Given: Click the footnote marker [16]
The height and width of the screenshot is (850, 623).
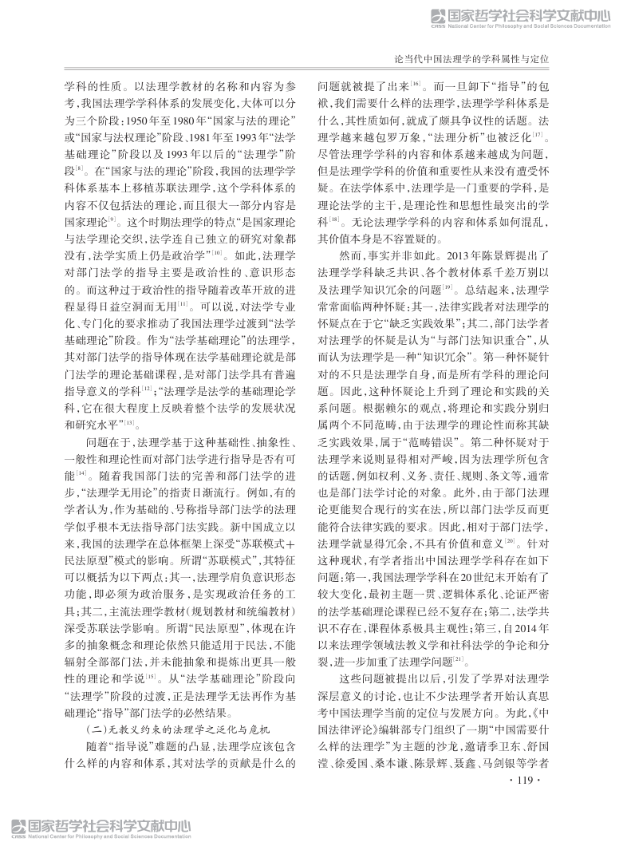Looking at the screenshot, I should (416, 82).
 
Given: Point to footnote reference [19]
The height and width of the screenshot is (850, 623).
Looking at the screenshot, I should (448, 286).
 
